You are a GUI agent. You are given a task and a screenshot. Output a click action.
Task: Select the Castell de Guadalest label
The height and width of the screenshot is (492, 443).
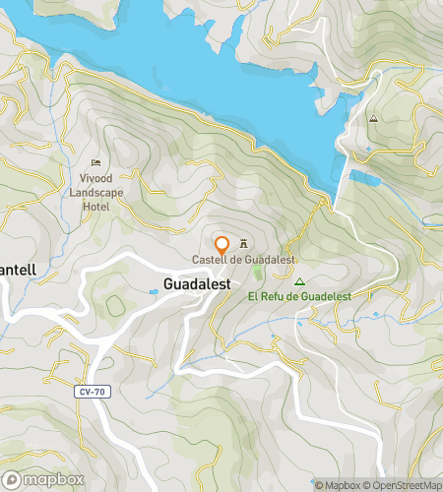coord(243,260)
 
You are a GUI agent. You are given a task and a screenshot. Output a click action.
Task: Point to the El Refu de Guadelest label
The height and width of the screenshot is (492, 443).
coord(300,295)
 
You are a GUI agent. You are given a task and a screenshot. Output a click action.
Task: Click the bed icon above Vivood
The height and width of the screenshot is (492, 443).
coord(95,162)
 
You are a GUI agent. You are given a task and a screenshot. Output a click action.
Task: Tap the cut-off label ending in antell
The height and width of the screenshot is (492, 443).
coord(18,269)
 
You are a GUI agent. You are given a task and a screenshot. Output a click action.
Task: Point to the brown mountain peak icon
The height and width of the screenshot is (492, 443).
coord(373,118)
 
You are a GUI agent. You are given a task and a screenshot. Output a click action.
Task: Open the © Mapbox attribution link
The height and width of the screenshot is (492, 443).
coord(338,484)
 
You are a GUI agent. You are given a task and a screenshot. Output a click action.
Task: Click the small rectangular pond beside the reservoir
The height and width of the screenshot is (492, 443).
coord(363,178)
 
